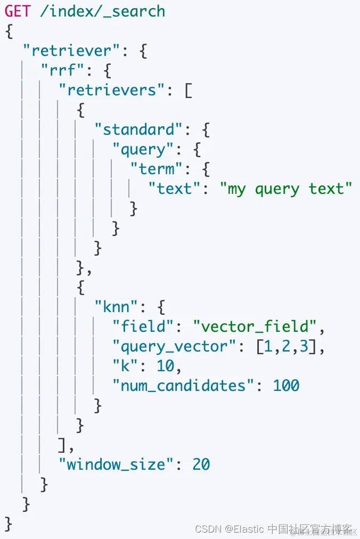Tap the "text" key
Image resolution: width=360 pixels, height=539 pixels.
coord(175,189)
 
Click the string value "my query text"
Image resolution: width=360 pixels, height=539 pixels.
coord(287,189)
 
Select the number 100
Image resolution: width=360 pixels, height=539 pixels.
coord(287,386)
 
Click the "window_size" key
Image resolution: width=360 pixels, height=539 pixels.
coord(117,464)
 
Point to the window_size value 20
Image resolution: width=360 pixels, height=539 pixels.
coord(201,464)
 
